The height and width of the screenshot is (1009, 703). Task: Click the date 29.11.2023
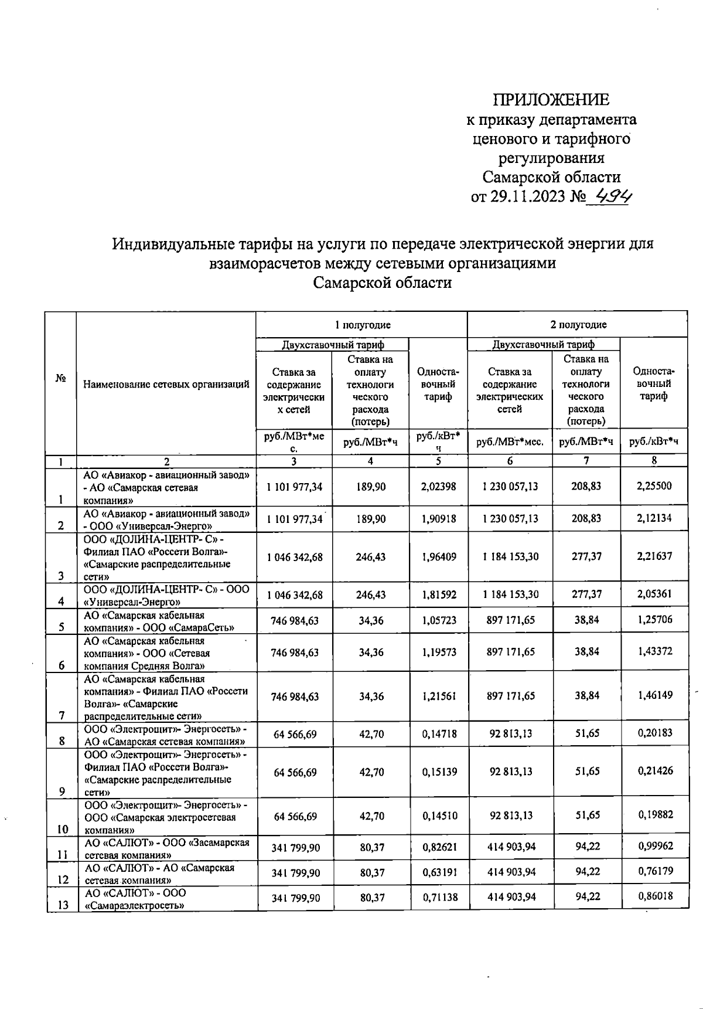point(526,197)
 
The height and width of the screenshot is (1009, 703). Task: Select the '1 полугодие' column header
point(362,325)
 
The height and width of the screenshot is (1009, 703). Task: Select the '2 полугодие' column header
point(577,325)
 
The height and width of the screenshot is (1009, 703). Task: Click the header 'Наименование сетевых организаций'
point(166,385)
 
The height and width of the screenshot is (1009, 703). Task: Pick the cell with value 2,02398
point(439,487)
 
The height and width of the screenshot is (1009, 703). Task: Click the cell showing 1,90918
point(439,519)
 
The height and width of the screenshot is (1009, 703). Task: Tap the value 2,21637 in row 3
point(654,556)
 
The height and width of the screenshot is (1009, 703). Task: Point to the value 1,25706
point(654,620)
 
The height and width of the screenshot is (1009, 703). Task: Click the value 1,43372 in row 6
point(654,651)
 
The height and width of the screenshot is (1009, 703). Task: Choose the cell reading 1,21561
point(439,697)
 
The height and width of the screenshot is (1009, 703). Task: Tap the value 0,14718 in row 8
point(439,734)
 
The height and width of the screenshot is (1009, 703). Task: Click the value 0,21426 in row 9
point(654,771)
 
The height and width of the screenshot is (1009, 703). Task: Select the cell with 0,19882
point(654,815)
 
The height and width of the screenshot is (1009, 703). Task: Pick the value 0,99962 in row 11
point(654,846)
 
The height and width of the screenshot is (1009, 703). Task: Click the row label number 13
point(63,905)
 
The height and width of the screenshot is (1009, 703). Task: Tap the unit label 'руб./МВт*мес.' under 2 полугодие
point(509,442)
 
